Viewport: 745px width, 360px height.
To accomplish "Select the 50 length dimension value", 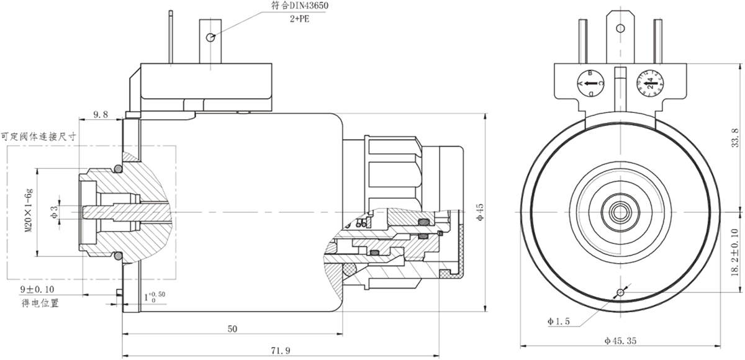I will (232, 328).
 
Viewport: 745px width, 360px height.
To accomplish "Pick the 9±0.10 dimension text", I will (37, 289).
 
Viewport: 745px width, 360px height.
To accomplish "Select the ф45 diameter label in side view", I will (480, 211).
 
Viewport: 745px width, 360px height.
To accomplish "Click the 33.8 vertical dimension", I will (735, 138).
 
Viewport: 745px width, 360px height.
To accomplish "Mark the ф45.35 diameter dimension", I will (620, 341).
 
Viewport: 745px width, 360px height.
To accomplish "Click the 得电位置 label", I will (38, 303).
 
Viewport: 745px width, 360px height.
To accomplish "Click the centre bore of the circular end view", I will (620, 211).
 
